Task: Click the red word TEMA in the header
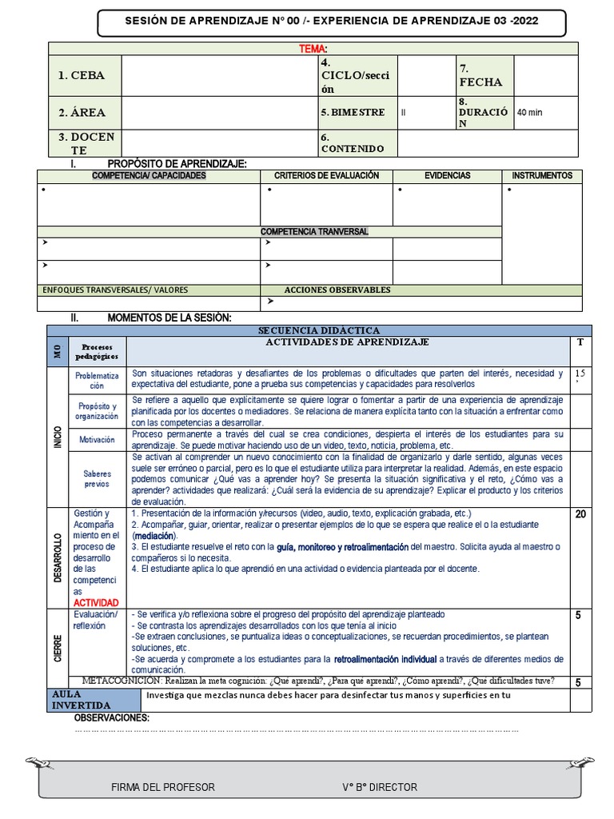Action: (x=313, y=50)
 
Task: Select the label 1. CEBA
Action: (x=82, y=76)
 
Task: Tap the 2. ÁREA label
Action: (x=82, y=113)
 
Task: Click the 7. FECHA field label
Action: (x=480, y=75)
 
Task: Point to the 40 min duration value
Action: (x=529, y=113)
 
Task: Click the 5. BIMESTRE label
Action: (x=353, y=113)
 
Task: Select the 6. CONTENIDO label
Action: (x=353, y=143)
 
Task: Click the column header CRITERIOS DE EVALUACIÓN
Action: (x=326, y=175)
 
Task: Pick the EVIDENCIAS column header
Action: (x=447, y=175)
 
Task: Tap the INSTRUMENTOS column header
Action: (x=542, y=175)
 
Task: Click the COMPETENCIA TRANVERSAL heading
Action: (x=314, y=231)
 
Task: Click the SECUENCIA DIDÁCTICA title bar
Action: (x=319, y=330)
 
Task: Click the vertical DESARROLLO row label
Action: (x=58, y=557)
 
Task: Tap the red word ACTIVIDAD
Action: (x=96, y=602)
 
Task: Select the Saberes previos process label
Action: (x=97, y=479)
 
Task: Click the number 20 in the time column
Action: (x=580, y=514)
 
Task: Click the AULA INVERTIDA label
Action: (x=83, y=699)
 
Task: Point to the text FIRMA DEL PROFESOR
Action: (x=163, y=787)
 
